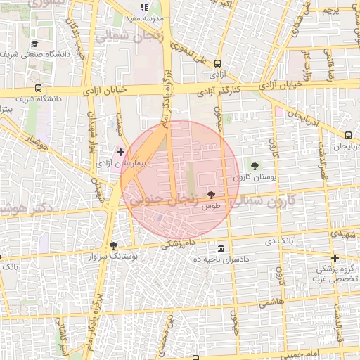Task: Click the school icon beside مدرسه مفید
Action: click(x=144, y=7)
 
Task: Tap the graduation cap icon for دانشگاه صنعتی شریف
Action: click(x=34, y=44)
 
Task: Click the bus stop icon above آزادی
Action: click(x=217, y=64)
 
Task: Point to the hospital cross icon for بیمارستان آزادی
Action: click(x=120, y=151)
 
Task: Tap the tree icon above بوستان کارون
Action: click(x=255, y=166)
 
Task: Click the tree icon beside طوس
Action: click(x=211, y=195)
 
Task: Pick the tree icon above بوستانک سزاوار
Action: click(x=113, y=245)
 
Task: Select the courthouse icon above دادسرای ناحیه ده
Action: click(x=221, y=249)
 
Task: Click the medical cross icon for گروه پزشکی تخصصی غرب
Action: click(x=335, y=258)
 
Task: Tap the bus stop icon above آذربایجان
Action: click(x=348, y=135)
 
